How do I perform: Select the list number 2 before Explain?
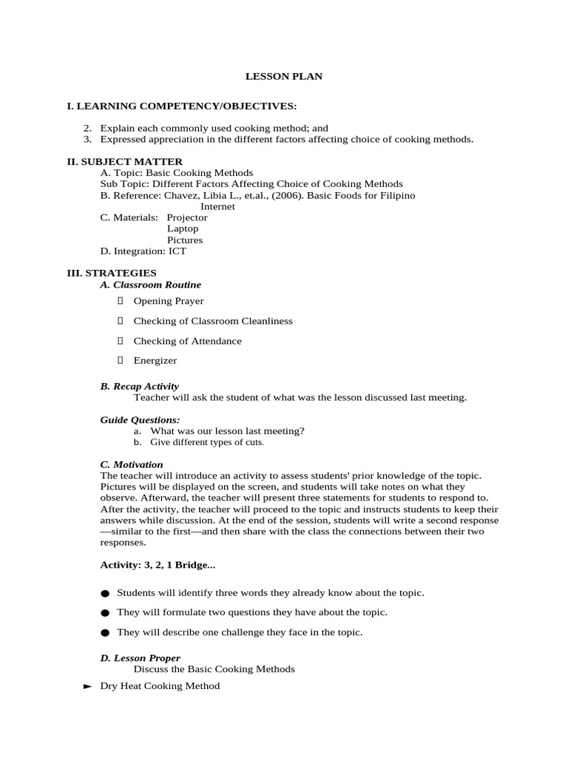[87, 128]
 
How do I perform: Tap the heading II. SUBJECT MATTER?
[125, 161]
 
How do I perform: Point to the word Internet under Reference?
[217, 206]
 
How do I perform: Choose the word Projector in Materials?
[187, 217]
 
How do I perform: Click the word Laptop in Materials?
[183, 228]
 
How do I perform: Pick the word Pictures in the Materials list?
[184, 240]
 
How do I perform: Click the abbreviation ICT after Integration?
[177, 251]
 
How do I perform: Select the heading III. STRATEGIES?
[112, 273]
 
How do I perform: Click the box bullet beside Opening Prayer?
[120, 301]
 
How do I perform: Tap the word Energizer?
[155, 361]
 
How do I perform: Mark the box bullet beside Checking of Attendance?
[120, 341]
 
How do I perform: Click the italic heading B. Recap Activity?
[139, 386]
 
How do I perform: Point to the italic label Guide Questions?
[140, 420]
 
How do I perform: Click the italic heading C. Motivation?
[132, 464]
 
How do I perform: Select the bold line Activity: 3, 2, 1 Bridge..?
[158, 565]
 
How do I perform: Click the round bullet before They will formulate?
[104, 613]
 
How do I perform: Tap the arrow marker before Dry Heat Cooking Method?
[87, 686]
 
